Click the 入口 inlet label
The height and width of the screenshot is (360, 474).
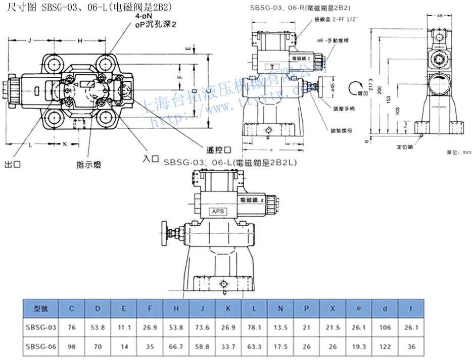click(150, 159)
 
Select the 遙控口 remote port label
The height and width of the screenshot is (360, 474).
click(219, 149)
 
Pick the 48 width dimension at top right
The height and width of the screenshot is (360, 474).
click(439, 16)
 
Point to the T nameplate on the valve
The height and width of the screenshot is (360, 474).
click(273, 67)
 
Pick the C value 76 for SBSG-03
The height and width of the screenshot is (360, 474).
click(72, 328)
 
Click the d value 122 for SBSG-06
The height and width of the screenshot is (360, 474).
click(385, 347)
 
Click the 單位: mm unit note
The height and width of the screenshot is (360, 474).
click(458, 152)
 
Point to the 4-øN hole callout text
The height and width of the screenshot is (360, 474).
click(144, 17)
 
